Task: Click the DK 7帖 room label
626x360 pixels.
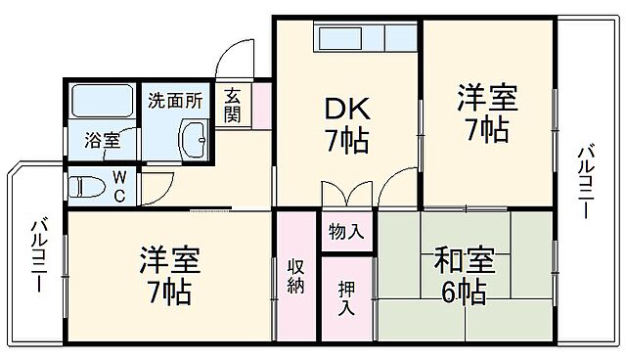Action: pos(346,124)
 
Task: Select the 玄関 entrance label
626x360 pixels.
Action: pos(233,106)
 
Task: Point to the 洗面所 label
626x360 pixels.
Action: pos(175,99)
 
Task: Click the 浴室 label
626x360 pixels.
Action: pos(101,140)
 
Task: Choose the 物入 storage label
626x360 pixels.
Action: pos(346,232)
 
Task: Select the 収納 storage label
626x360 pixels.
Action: pos(296,277)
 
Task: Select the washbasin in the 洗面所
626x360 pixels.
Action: pos(195,139)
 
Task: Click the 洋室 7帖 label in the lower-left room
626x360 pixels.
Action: pos(167,277)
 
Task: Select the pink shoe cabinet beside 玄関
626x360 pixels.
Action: pos(261,107)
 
